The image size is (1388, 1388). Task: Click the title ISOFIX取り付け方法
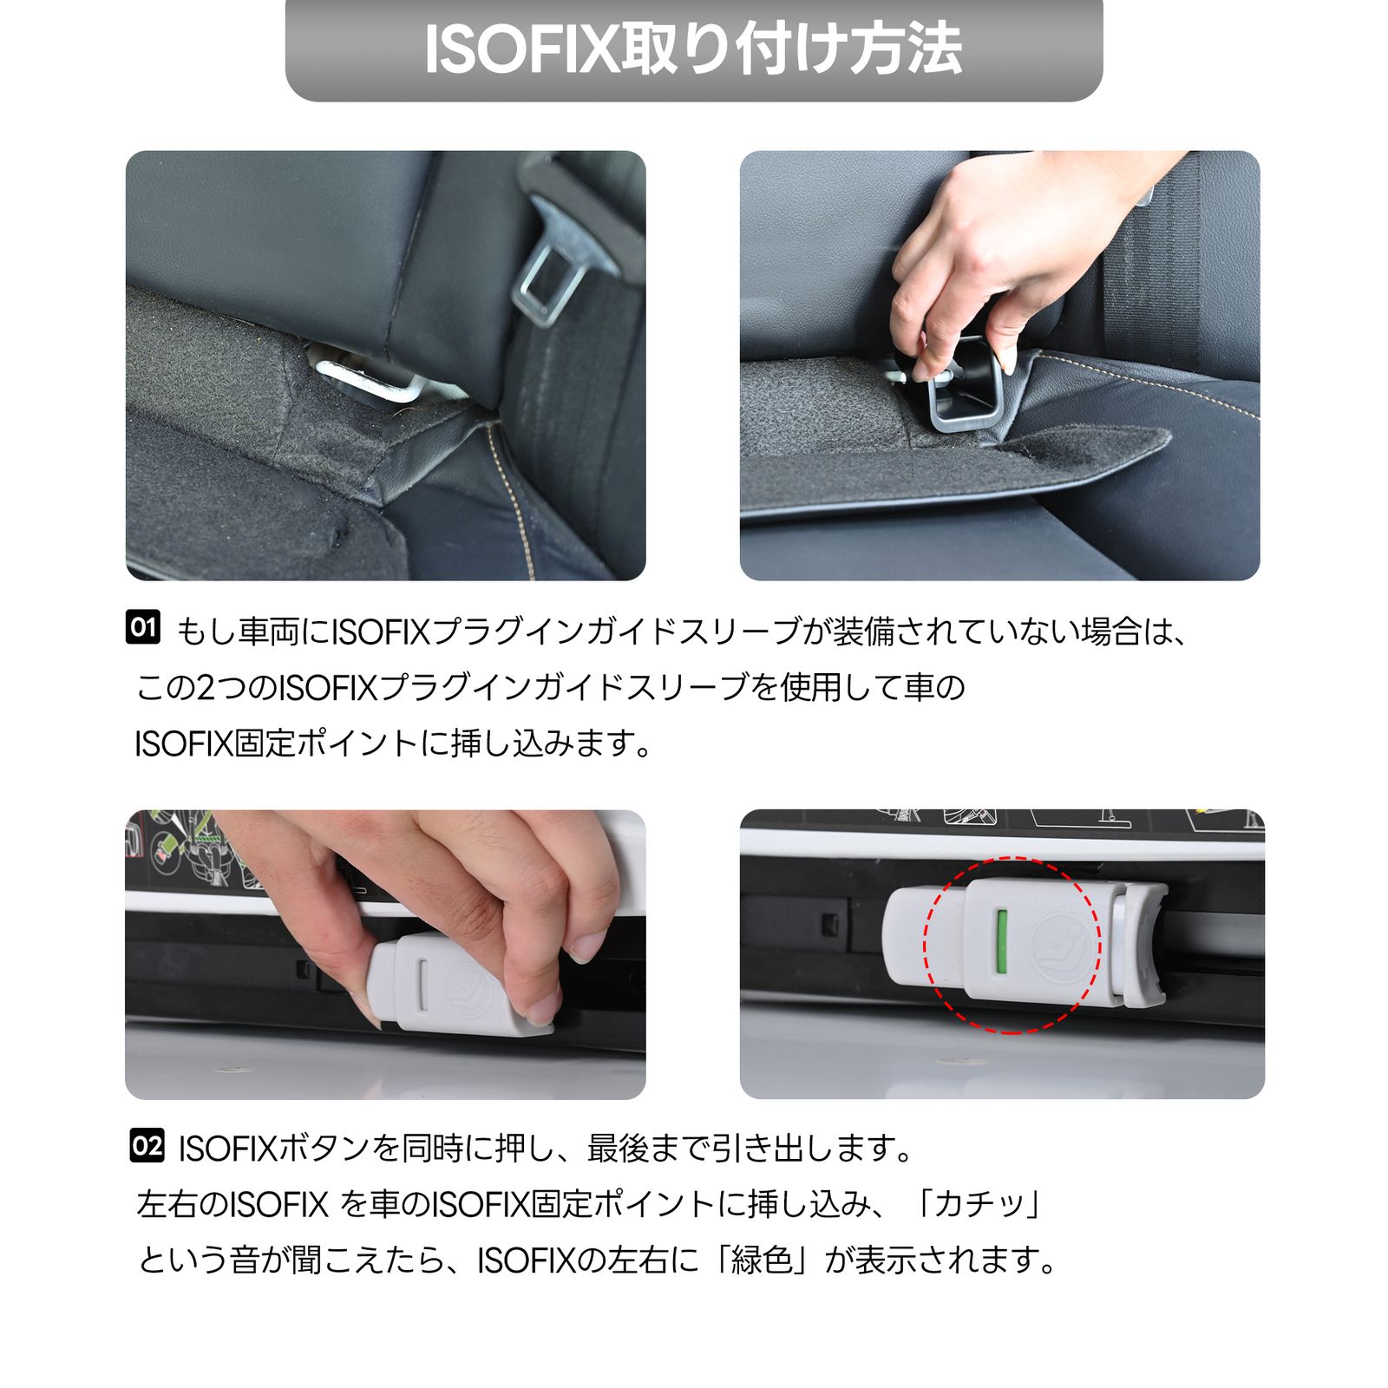point(693,49)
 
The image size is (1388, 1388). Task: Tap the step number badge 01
point(143,626)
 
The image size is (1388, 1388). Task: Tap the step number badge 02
point(147,1146)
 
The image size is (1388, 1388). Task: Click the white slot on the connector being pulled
point(422,985)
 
